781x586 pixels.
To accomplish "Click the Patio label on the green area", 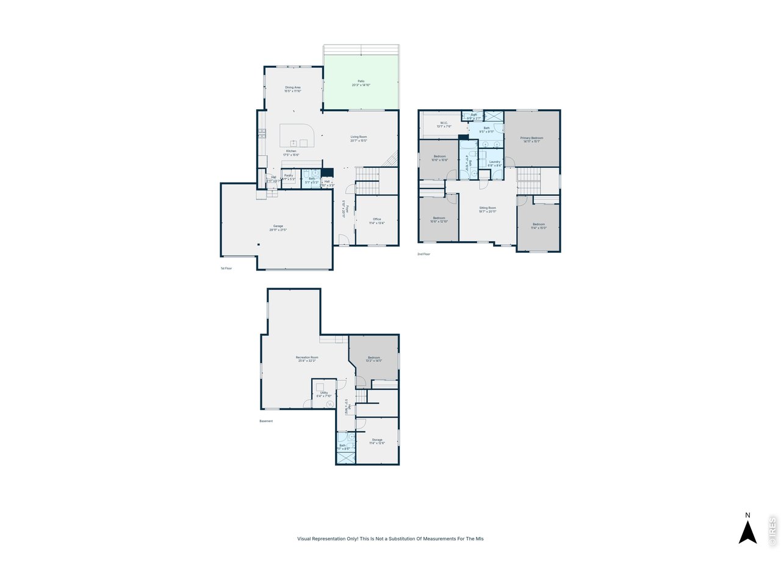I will coord(361,81).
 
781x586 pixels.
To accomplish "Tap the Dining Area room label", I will coord(293,87).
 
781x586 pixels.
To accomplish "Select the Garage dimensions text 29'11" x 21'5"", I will coord(278,230).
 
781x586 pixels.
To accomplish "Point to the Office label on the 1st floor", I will coord(377,219).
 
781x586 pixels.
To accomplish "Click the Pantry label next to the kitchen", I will coord(289,175).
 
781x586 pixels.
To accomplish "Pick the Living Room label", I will coord(359,137).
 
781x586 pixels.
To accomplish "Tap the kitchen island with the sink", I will coord(297,136).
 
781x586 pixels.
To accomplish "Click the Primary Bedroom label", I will coord(531,138).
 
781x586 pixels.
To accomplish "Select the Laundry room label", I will coord(494,162).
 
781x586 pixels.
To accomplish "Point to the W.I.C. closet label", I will coord(444,123).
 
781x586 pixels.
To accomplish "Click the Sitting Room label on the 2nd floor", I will coord(488,208).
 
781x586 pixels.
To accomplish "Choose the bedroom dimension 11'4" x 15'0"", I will coord(539,228).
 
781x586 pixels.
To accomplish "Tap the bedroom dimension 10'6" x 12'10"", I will coord(439,222).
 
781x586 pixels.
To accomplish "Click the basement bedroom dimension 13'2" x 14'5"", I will coord(374,361).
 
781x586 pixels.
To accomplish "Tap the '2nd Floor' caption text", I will coord(423,254).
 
